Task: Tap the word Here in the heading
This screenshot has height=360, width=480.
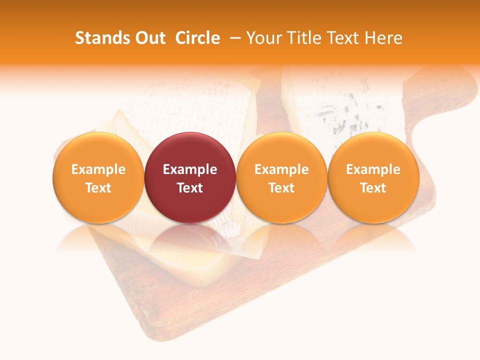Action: click(x=383, y=38)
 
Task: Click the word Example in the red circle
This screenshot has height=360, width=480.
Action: click(x=190, y=169)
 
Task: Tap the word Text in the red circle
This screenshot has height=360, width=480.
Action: click(x=190, y=188)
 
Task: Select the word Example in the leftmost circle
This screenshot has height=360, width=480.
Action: click(x=98, y=169)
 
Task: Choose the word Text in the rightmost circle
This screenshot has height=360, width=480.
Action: click(x=373, y=188)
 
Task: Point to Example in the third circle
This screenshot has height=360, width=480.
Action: click(x=281, y=169)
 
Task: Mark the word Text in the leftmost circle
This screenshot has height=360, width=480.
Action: click(x=98, y=188)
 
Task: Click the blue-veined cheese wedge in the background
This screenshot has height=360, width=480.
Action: click(x=340, y=107)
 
